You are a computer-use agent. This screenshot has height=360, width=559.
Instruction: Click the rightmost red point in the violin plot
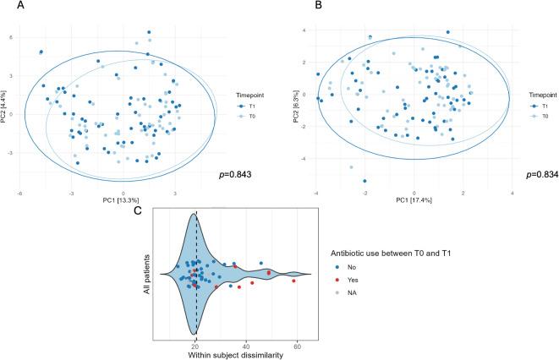click(294, 281)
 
